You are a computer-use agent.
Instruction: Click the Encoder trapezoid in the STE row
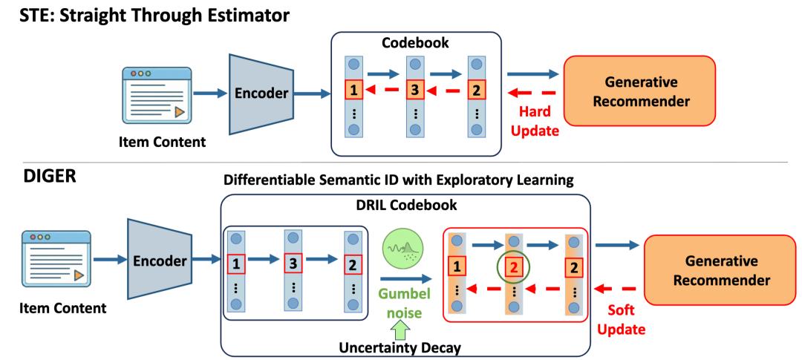tap(265, 95)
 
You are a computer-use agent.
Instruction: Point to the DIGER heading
tap(36, 180)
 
